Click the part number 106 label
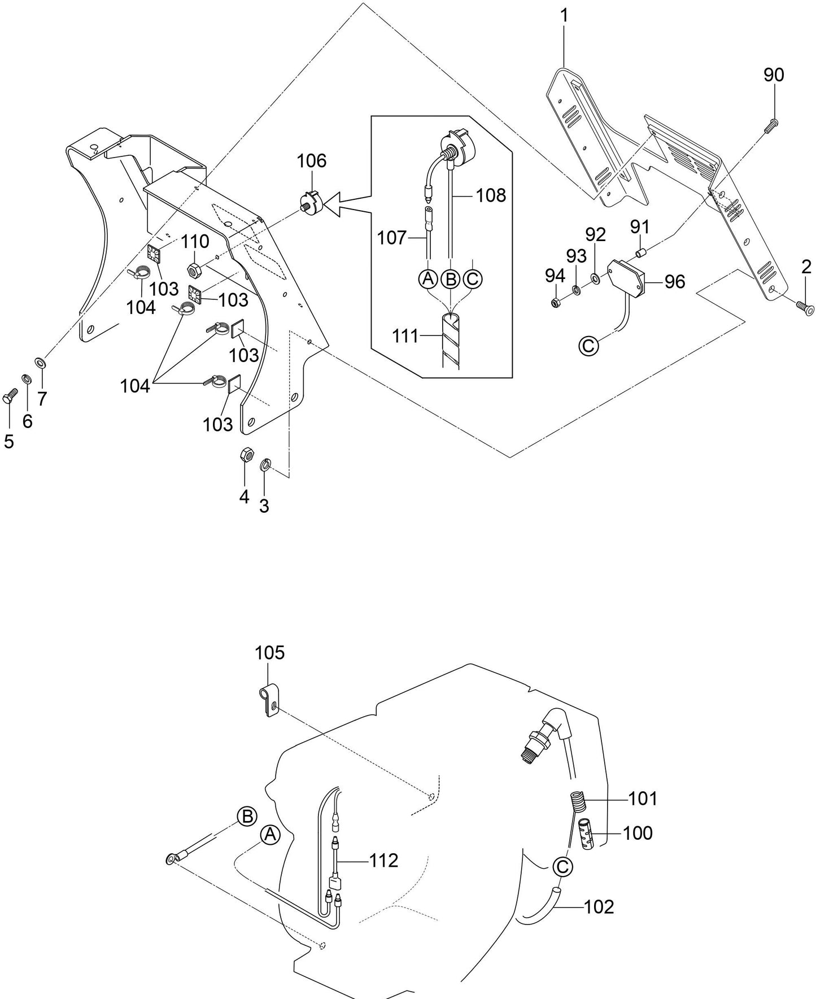(312, 161)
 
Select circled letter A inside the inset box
(428, 278)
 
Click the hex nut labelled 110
(193, 271)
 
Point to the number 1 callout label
(564, 15)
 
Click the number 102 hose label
(599, 906)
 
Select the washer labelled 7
(41, 361)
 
